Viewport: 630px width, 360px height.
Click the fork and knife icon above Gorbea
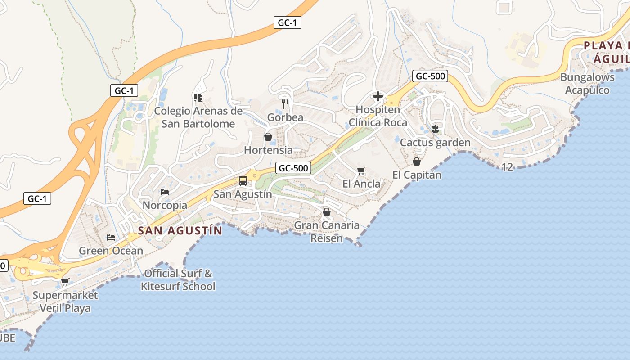pos(285,104)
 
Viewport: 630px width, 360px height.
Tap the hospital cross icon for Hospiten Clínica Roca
pos(378,96)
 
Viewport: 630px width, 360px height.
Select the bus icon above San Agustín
pos(243,181)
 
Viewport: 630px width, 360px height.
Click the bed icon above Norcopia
pos(165,192)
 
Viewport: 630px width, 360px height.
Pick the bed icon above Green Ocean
pos(111,237)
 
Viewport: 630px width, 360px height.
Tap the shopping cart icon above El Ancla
pos(361,171)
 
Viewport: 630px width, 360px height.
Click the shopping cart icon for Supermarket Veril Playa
pos(65,282)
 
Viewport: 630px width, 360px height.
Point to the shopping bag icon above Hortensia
pos(268,137)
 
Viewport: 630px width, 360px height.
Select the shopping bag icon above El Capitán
pos(417,161)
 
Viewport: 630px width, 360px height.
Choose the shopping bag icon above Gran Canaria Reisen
pos(327,211)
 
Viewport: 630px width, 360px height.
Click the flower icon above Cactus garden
pos(435,129)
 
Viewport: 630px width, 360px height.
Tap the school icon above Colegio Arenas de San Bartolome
pos(198,97)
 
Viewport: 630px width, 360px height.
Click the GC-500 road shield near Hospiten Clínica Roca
pos(430,76)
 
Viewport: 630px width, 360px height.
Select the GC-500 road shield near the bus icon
pos(293,168)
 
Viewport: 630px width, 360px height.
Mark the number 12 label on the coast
pos(507,167)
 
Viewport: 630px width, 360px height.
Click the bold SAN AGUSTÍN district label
pos(180,231)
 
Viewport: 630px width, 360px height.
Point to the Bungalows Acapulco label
pos(587,84)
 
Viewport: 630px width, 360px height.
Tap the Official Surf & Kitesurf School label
pos(178,280)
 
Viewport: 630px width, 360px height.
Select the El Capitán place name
pos(417,175)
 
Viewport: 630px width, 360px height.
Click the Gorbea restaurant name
pos(285,117)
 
